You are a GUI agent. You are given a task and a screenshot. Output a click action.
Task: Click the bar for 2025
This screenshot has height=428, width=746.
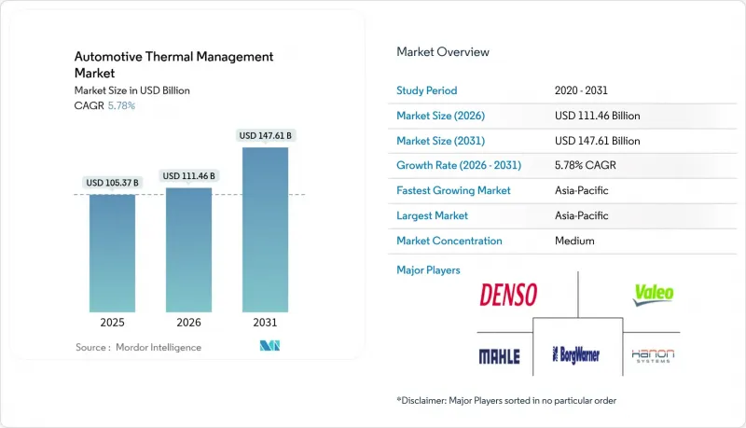[112, 253]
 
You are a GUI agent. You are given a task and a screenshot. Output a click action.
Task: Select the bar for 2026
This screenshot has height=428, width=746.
[188, 250]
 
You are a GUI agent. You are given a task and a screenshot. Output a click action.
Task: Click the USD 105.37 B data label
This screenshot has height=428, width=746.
[112, 182]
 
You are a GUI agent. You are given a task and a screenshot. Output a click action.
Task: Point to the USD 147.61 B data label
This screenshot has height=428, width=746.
[266, 135]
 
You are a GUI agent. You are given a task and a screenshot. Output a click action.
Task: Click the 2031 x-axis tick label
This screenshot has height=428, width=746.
[265, 324]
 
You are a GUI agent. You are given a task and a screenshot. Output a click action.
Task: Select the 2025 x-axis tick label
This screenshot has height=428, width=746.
[112, 324]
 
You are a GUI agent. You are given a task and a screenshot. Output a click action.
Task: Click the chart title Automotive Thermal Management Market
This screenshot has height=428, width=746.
[174, 64]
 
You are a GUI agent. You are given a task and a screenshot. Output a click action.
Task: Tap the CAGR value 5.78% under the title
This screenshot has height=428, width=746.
[121, 105]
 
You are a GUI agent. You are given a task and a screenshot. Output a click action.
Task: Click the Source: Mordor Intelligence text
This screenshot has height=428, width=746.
[138, 347]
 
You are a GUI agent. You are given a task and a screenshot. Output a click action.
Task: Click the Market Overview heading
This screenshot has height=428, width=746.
[443, 52]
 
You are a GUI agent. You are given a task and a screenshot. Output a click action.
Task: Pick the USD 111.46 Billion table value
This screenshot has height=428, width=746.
[597, 116]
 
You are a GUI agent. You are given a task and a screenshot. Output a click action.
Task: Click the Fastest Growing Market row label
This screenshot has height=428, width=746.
[454, 190]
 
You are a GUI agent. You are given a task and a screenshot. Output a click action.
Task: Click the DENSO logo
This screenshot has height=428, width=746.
[508, 296]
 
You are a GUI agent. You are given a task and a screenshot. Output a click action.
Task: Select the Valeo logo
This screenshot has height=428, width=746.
[653, 296]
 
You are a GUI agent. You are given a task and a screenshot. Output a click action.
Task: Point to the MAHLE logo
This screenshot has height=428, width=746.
[499, 356]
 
